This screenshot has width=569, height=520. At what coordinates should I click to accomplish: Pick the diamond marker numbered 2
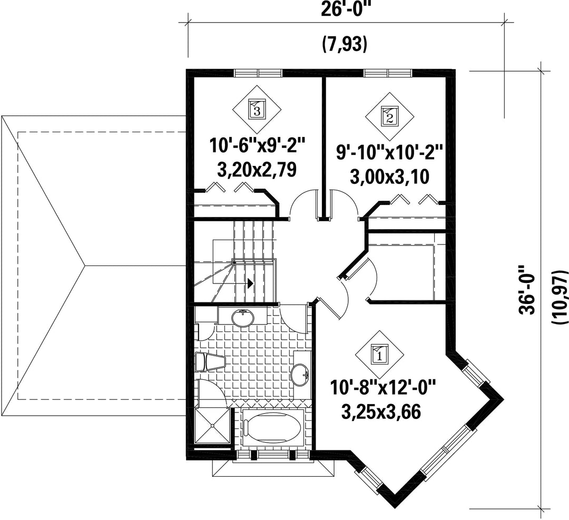click(389, 117)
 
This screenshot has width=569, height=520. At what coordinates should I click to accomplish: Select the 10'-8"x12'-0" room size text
click(382, 388)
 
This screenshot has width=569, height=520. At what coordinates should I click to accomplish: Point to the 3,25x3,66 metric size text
click(381, 411)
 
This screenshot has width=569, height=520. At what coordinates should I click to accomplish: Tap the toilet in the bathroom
click(210, 362)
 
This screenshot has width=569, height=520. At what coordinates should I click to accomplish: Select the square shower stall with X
click(212, 426)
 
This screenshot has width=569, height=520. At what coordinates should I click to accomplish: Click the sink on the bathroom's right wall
click(300, 375)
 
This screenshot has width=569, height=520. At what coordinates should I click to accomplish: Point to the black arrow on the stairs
click(250, 283)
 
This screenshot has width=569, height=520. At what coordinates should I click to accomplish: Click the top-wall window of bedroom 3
click(258, 73)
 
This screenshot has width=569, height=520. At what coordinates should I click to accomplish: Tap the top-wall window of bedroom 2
click(388, 73)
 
